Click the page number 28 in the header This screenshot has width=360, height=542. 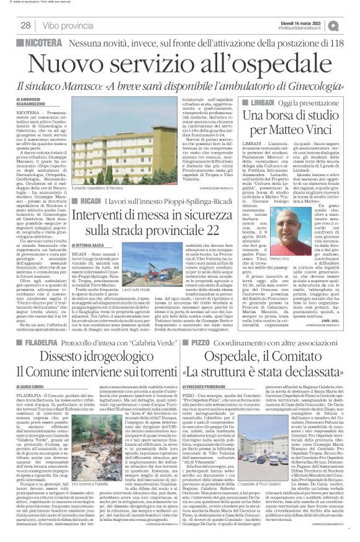(x=26, y=25)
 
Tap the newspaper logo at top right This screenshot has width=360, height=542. (x=351, y=25)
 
